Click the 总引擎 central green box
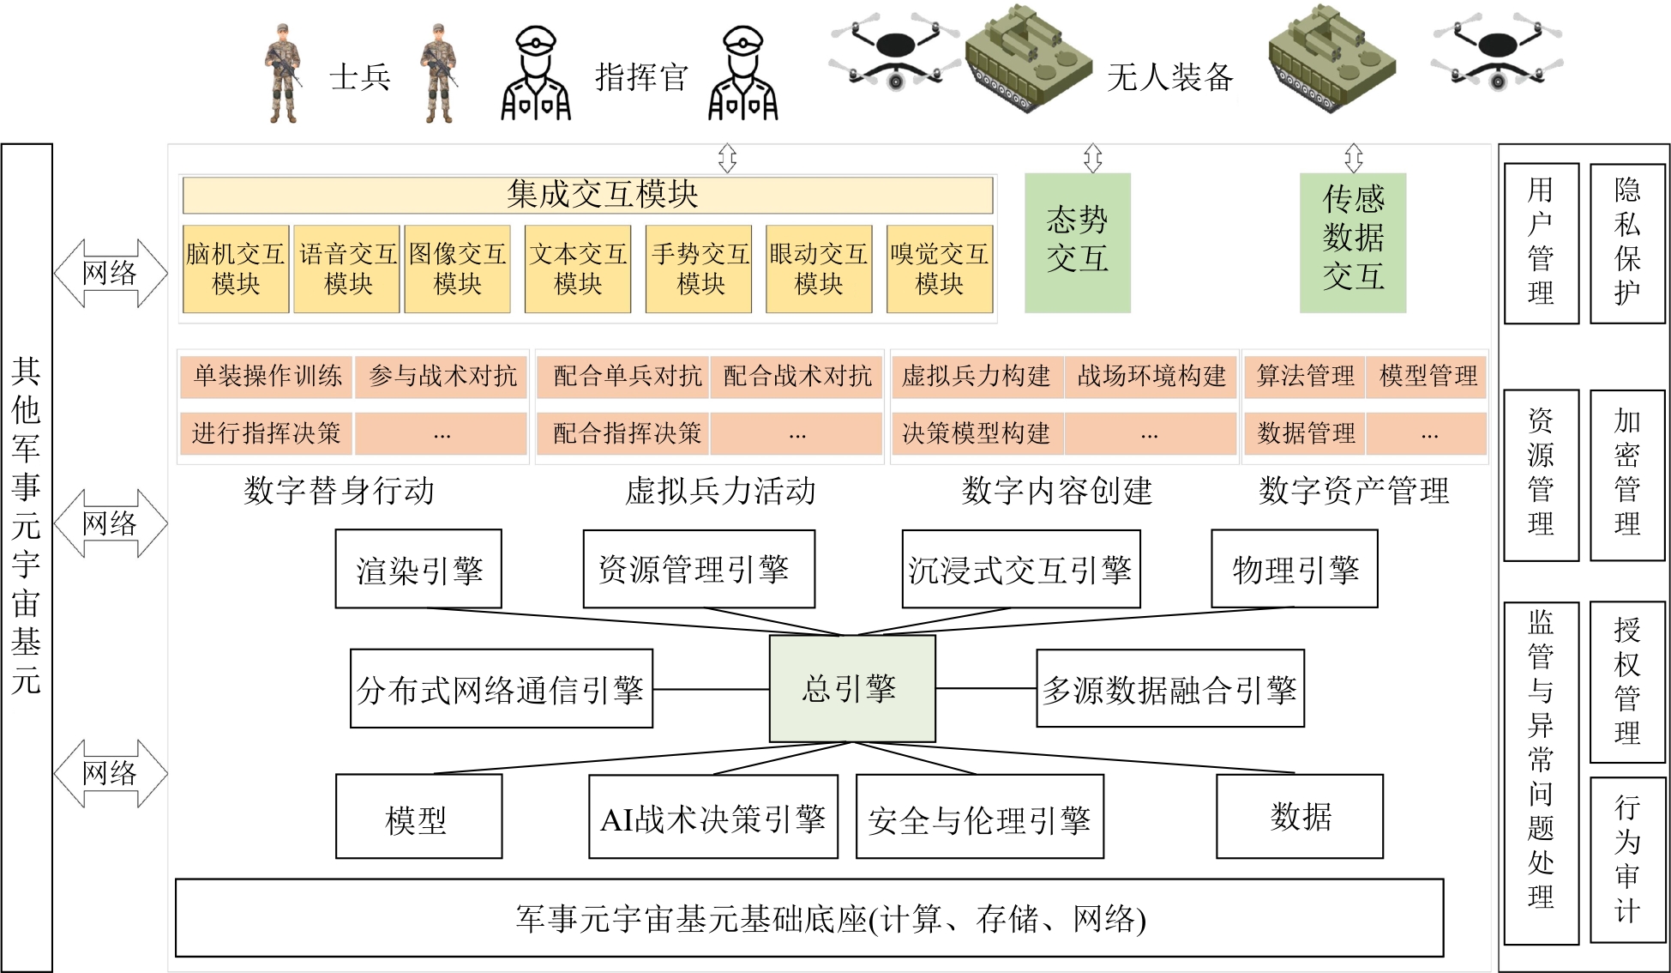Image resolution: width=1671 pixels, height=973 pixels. (851, 688)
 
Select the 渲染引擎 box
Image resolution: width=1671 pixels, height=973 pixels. (418, 569)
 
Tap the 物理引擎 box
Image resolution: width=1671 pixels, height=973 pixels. (1294, 569)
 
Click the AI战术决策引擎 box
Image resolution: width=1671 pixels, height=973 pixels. (712, 817)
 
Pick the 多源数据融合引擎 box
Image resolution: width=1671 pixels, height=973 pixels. (1169, 688)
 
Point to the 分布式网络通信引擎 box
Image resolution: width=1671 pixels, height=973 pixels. (501, 688)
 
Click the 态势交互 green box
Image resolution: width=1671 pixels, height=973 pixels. (1077, 242)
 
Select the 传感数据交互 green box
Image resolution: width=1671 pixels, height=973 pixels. (1352, 242)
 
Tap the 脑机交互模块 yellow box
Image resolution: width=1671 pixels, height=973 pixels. (235, 269)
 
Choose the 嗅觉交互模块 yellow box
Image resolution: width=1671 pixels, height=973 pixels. (939, 269)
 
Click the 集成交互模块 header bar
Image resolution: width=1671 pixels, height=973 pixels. (587, 195)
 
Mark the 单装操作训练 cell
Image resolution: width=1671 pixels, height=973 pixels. (267, 377)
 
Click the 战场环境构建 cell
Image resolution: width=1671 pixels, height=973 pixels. (1151, 377)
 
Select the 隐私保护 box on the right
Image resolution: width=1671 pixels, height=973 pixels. (1626, 243)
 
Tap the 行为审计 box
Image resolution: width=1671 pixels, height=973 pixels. (1626, 859)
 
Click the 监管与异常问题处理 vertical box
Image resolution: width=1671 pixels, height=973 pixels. (1540, 772)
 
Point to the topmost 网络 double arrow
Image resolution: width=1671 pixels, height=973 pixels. (110, 274)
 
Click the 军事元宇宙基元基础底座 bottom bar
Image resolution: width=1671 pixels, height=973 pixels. (808, 917)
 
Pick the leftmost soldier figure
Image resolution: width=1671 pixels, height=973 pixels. (284, 75)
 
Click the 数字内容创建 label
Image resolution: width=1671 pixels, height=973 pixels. (1056, 491)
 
